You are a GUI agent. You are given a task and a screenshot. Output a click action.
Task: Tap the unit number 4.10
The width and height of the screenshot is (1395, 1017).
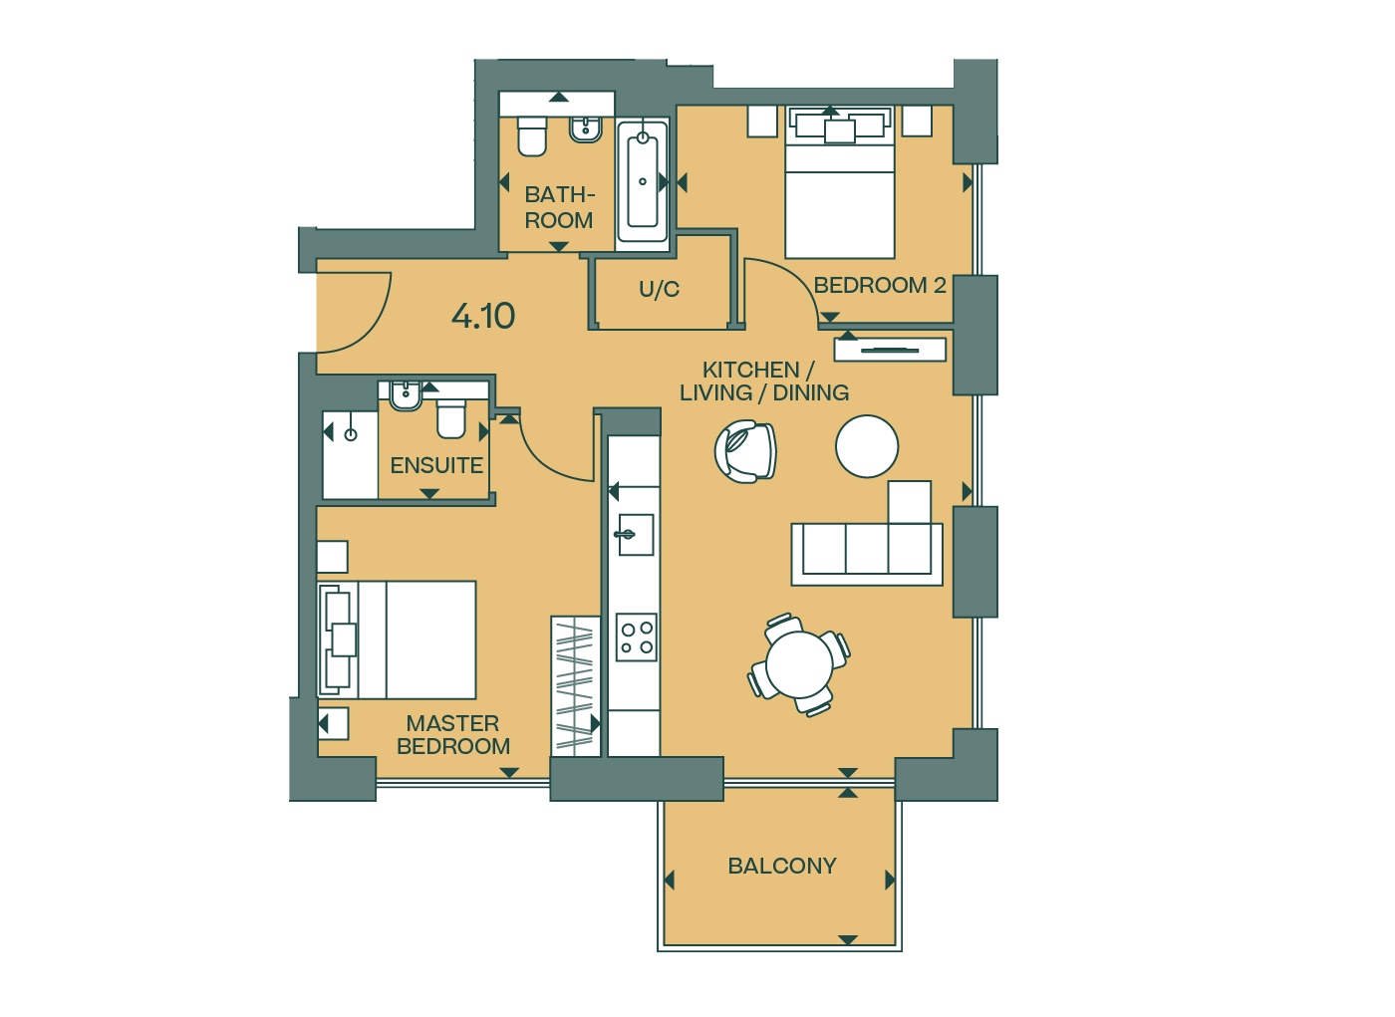coord(482,316)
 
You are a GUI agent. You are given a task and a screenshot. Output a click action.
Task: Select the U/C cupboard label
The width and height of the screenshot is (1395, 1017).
coord(659,289)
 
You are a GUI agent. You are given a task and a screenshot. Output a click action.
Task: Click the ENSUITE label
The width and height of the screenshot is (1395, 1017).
coord(436,465)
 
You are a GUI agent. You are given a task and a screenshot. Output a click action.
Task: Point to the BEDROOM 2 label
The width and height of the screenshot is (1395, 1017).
coord(879,285)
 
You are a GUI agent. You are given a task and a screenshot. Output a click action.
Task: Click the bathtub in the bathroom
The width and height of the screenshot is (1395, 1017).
coord(643,181)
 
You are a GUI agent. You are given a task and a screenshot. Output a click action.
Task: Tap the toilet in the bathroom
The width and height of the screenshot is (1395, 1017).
coord(532,135)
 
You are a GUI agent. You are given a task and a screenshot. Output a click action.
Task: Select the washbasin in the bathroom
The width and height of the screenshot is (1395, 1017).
coord(586,128)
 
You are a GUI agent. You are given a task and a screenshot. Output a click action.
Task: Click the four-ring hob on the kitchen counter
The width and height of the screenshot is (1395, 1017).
coord(636,637)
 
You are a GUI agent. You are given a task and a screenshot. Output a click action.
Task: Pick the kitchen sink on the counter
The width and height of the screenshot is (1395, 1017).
coord(635,535)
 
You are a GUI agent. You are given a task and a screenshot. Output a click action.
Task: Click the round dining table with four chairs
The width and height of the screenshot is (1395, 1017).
coord(799,664)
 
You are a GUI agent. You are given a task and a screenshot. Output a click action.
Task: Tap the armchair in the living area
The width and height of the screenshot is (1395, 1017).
coord(745,452)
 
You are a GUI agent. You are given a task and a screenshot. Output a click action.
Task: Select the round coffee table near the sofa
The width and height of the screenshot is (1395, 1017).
coord(867,447)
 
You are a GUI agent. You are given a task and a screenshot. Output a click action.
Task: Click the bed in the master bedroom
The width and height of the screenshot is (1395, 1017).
coord(398,639)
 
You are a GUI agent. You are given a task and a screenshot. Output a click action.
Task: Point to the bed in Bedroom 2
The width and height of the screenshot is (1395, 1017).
coord(839,181)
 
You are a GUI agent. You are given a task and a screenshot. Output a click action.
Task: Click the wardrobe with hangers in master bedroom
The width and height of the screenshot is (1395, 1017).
coord(576,686)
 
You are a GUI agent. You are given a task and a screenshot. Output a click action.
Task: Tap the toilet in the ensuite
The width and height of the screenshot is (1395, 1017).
coord(451,419)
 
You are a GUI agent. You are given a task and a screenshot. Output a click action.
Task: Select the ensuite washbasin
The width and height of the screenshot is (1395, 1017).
coord(406,395)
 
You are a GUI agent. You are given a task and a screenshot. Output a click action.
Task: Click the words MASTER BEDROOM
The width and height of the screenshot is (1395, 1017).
coord(453,735)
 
